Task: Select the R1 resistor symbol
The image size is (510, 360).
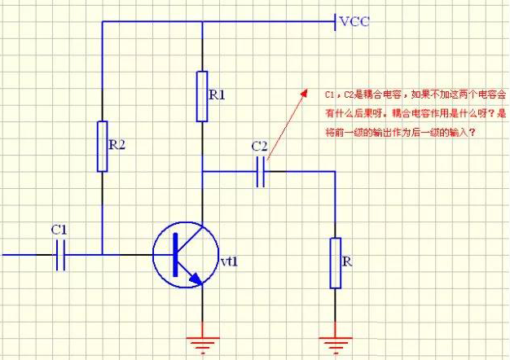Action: click(x=201, y=96)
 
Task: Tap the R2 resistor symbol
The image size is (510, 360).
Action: click(x=102, y=146)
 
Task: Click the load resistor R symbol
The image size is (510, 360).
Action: click(x=335, y=262)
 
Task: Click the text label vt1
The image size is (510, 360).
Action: click(x=229, y=261)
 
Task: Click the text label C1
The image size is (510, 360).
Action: click(x=59, y=230)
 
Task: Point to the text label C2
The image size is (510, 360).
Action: click(x=259, y=147)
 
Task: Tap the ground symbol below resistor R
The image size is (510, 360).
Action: click(x=335, y=336)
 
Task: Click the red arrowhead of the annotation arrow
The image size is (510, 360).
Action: click(x=302, y=94)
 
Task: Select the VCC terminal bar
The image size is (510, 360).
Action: click(x=335, y=22)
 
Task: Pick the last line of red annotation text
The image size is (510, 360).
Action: click(x=398, y=133)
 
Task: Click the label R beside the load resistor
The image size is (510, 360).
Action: click(x=348, y=263)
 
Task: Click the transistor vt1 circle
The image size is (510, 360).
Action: click(x=186, y=254)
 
